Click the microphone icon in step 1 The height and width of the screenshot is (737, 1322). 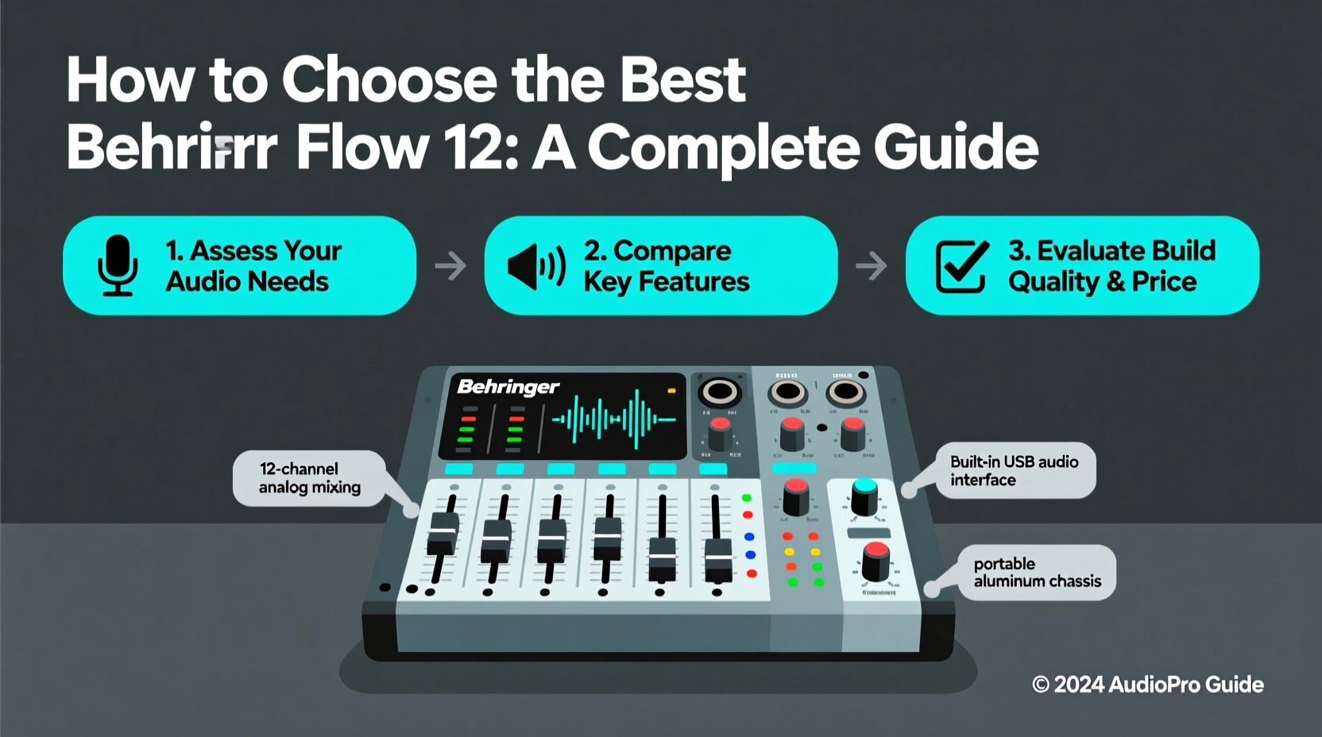pyautogui.click(x=118, y=265)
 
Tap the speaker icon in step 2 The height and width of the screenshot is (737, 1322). pyautogui.click(x=536, y=266)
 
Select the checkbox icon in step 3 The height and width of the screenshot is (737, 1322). pyautogui.click(x=962, y=266)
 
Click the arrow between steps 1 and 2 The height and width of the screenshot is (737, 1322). pyautogui.click(x=450, y=265)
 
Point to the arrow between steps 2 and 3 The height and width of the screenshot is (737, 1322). pyautogui.click(x=872, y=265)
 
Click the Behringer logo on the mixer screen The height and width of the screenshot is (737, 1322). pyautogui.click(x=508, y=387)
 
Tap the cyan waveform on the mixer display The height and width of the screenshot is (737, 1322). pyautogui.click(x=613, y=418)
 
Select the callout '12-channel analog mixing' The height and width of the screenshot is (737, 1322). pyautogui.click(x=309, y=478)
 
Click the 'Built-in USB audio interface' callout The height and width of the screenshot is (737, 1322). pyautogui.click(x=1015, y=470)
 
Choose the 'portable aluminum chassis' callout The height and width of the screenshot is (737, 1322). pyautogui.click(x=1037, y=572)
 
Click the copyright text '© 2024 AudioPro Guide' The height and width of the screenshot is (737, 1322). pyautogui.click(x=1147, y=685)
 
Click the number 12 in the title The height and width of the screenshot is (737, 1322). pyautogui.click(x=474, y=148)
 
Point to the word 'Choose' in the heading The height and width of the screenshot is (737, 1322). pyautogui.click(x=389, y=79)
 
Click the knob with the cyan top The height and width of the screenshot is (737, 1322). pyautogui.click(x=864, y=496)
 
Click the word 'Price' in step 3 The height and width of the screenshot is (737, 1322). pyautogui.click(x=1164, y=281)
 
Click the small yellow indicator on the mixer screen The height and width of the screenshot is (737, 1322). pyautogui.click(x=671, y=391)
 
